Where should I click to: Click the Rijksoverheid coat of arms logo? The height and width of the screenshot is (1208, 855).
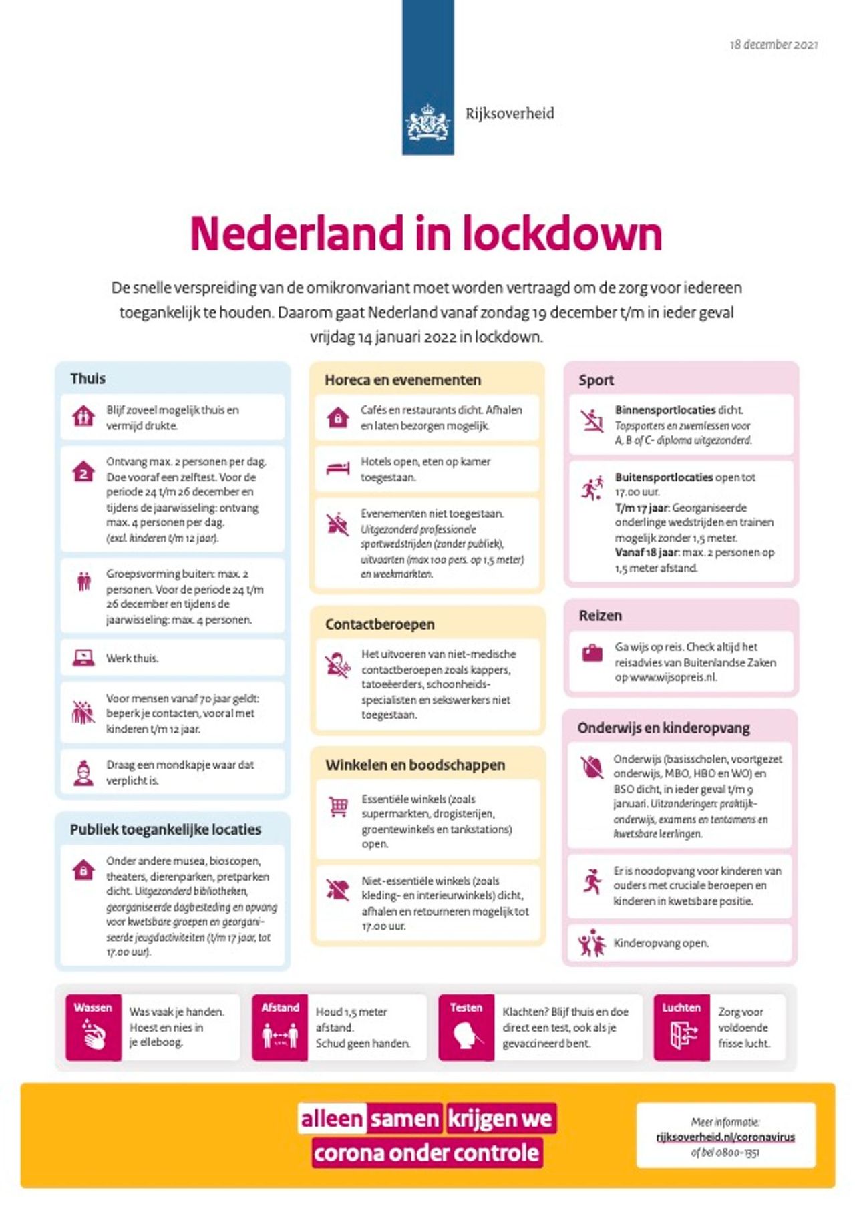pyautogui.click(x=427, y=121)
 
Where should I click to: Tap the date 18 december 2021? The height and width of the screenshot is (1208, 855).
pyautogui.click(x=774, y=45)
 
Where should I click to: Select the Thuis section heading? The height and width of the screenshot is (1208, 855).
pyautogui.click(x=88, y=379)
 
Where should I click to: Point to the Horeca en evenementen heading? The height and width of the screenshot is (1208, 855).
pyautogui.click(x=402, y=380)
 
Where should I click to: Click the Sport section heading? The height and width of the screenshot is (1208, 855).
pyautogui.click(x=596, y=380)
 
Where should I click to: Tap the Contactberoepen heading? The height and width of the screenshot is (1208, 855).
pyautogui.click(x=379, y=624)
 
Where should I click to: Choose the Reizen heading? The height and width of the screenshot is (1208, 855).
pyautogui.click(x=600, y=616)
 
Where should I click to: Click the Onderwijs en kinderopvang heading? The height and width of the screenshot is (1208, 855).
pyautogui.click(x=663, y=728)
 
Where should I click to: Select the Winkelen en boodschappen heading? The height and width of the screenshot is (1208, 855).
pyautogui.click(x=415, y=765)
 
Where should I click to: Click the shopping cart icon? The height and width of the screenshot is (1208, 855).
pyautogui.click(x=338, y=807)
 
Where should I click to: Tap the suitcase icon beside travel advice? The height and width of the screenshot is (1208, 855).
pyautogui.click(x=592, y=653)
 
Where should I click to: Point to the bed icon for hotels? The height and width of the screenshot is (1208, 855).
pyautogui.click(x=338, y=468)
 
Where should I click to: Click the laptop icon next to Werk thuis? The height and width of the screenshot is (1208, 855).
pyautogui.click(x=83, y=658)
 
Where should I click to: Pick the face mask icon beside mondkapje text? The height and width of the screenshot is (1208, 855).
pyautogui.click(x=83, y=773)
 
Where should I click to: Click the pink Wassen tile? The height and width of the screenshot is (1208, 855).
pyautogui.click(x=93, y=1027)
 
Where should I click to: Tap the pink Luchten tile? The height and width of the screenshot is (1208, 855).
pyautogui.click(x=681, y=1027)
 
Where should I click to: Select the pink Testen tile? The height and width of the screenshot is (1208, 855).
pyautogui.click(x=466, y=1027)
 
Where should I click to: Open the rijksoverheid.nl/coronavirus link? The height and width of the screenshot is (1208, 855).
pyautogui.click(x=725, y=1137)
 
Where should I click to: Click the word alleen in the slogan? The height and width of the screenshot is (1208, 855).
pyautogui.click(x=331, y=1119)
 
